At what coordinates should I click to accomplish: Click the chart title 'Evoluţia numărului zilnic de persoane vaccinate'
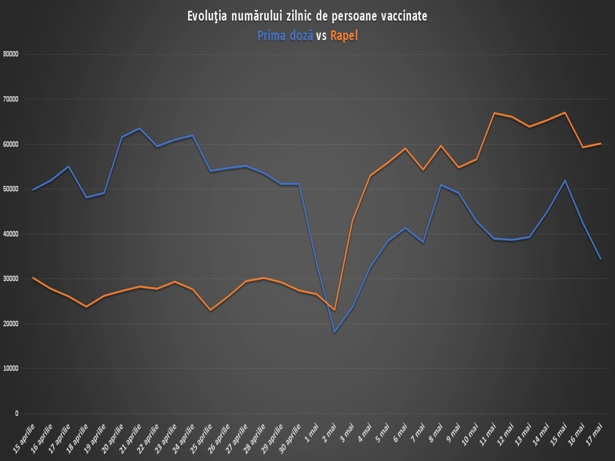point(307,16)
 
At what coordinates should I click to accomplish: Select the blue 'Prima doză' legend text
point(285,36)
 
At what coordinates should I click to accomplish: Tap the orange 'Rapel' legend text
point(344,36)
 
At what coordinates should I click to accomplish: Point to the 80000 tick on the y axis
point(11,54)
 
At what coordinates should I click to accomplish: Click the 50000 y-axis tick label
point(11,189)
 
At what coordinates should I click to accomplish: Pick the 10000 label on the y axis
point(11,368)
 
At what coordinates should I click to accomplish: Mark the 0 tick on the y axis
point(17,413)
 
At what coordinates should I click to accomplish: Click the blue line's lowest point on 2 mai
point(335,332)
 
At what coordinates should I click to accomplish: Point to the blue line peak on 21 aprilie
point(140,128)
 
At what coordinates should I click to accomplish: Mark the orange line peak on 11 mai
point(494,113)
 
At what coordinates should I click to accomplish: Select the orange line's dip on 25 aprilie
point(210,310)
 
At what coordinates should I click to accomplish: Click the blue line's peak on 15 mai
point(565,180)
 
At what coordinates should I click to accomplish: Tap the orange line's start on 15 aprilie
point(33,277)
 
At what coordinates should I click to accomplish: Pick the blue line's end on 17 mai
point(600,259)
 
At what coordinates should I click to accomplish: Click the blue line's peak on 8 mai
point(441,185)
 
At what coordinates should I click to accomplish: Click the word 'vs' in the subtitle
point(321,36)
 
